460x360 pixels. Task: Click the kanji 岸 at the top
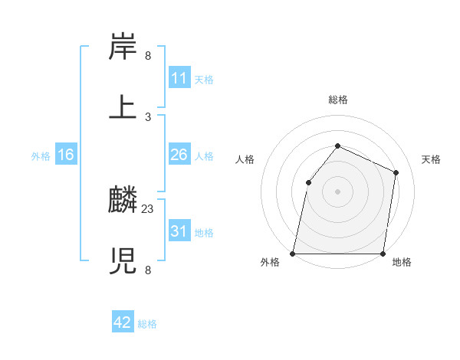123,47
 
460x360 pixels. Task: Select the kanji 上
123,106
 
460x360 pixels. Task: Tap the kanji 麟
123,201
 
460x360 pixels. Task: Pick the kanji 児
123,260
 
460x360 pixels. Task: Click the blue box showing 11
179,78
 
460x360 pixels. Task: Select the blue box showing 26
179,155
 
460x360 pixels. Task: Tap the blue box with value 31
179,231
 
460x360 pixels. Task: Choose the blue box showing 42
123,322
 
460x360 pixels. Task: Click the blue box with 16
66,155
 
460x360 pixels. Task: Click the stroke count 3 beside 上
148,116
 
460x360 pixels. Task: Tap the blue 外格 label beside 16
41,156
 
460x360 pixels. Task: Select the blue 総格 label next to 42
147,324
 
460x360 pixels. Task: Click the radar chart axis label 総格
337,100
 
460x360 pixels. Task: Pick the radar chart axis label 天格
431,159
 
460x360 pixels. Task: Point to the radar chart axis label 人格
245,159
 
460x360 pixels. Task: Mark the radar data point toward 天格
396,172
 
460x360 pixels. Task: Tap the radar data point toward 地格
383,254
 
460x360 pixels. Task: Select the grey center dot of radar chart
337,191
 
